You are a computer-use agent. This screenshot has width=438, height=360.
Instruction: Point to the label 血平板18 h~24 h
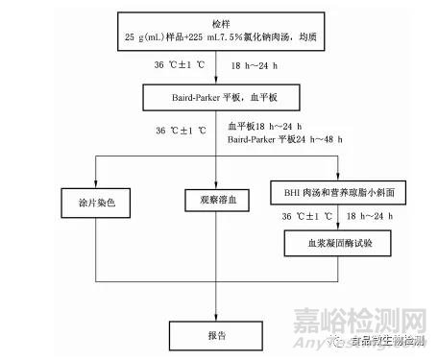tap(264, 126)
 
